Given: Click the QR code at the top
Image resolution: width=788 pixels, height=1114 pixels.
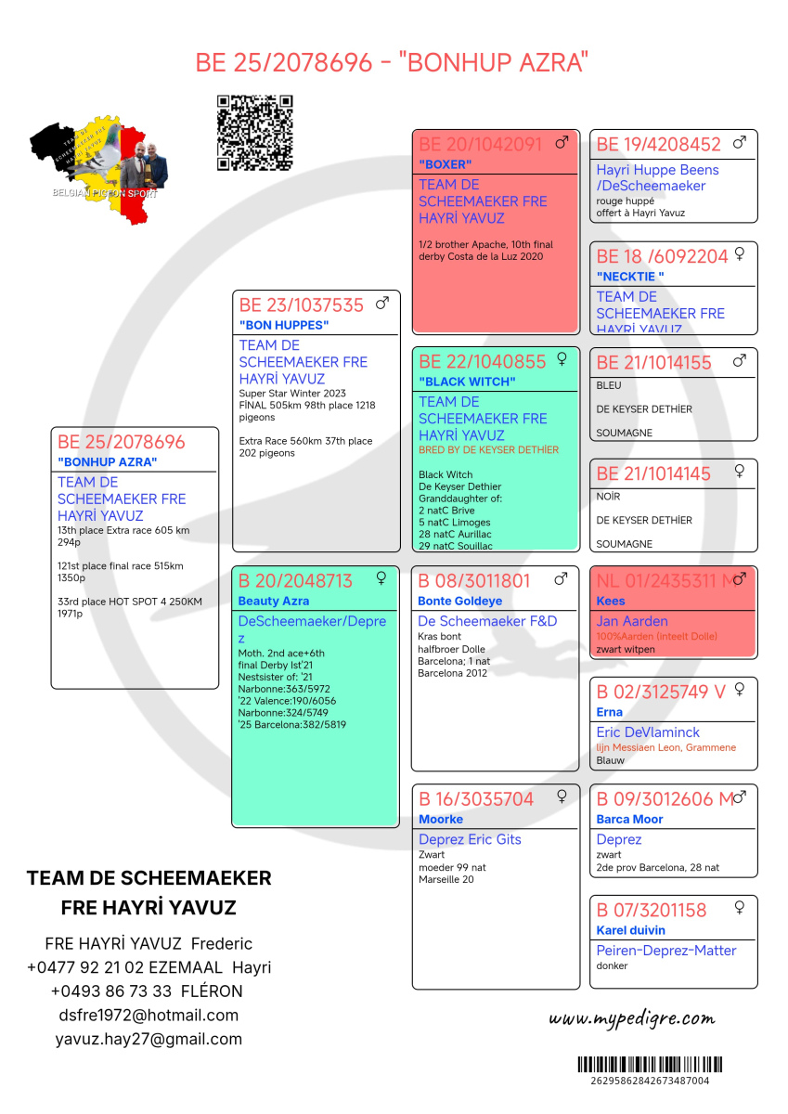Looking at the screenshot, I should tap(255, 133).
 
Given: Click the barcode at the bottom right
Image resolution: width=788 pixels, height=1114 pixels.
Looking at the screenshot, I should tap(650, 1065).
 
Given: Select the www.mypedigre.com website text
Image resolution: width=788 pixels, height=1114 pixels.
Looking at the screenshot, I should tap(632, 1018).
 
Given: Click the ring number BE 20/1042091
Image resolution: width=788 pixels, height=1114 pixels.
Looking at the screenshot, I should tap(480, 145).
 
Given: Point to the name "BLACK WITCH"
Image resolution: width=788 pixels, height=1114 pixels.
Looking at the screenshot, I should tap(467, 382).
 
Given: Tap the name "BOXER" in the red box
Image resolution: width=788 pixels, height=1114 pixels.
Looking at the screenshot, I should tap(446, 165).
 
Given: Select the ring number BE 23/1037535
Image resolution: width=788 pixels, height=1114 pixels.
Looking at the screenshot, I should tap(301, 305).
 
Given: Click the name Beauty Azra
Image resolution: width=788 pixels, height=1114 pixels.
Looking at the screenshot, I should tap(273, 602).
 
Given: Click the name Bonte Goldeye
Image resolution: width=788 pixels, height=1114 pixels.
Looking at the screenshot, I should tap(459, 602).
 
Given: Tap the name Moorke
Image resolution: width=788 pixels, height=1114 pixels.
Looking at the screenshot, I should tap(441, 820).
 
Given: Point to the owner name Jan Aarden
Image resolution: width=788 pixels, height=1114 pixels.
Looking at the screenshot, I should tap(632, 621).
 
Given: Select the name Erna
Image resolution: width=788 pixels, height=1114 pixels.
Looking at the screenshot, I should tap(610, 713).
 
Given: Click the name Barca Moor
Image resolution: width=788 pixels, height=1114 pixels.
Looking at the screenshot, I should tap(629, 820).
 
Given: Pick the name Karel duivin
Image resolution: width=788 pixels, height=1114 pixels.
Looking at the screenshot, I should tap(630, 930).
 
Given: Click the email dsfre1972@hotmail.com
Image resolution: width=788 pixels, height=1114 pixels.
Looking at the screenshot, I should tap(149, 1016).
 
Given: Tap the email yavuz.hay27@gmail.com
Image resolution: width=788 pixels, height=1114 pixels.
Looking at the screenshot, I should tap(149, 1040).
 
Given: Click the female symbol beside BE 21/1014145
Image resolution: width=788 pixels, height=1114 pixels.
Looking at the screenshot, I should tap(740, 472).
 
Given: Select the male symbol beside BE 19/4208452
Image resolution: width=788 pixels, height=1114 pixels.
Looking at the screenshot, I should tap(740, 143).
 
